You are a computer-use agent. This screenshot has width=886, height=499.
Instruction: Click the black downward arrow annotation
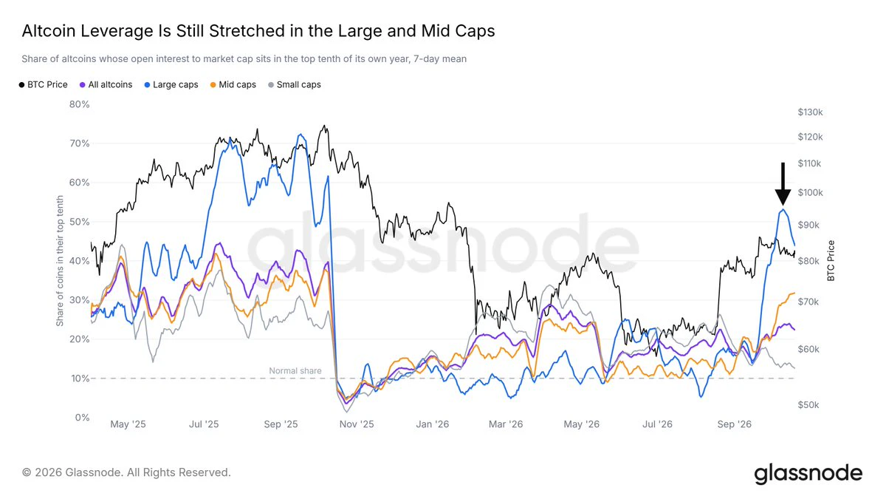pos(783,184)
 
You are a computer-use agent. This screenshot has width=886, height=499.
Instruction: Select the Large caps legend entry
pos(171,85)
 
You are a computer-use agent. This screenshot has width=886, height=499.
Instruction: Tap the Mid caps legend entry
pos(233,85)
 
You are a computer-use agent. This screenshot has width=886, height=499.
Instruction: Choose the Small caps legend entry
pos(295,85)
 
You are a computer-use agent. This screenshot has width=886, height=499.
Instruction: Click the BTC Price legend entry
pos(43,85)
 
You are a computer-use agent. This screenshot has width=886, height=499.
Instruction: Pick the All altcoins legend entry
pos(106,85)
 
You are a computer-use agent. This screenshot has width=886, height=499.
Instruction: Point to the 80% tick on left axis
pos(80,104)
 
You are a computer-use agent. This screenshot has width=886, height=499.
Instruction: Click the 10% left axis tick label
pos(80,379)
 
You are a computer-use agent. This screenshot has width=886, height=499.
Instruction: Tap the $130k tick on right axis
pos(810,112)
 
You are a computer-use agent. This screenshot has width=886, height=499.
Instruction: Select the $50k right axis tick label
pos(808,405)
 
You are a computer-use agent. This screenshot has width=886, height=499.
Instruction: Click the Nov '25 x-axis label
pos(357,424)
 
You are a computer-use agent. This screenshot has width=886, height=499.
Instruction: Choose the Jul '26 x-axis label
pos(657,424)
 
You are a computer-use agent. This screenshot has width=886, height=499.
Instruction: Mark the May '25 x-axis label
pos(128,424)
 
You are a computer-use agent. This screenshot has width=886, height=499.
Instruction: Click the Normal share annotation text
pos(295,370)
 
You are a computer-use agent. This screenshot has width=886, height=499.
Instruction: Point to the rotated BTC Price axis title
pos(831,261)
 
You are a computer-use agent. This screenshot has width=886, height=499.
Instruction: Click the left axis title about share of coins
pos(60,261)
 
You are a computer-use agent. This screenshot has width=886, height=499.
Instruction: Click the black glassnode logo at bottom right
pos(808,474)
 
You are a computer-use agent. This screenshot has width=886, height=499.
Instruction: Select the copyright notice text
pos(126,472)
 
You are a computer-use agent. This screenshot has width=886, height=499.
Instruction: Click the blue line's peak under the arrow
pos(783,209)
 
